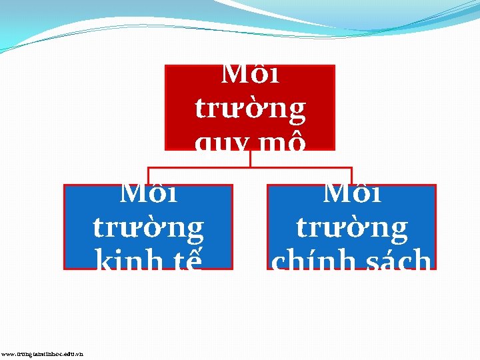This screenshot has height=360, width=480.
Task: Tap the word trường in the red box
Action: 250,108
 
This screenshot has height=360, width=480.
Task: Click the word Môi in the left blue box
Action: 148,194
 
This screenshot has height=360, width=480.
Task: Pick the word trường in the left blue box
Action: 148,227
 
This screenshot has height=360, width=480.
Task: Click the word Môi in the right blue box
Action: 351,194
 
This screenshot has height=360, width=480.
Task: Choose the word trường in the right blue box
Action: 351,227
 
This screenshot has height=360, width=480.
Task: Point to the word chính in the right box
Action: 309,261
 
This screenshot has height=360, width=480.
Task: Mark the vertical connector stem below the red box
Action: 250,159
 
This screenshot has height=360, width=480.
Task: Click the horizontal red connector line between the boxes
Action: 200,167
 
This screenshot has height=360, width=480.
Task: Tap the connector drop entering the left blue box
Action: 148,175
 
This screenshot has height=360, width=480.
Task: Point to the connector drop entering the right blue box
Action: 351,175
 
